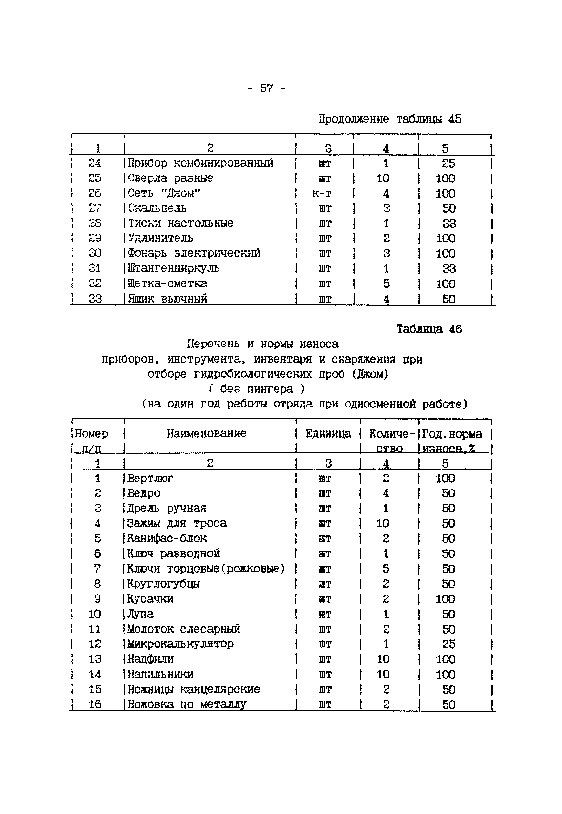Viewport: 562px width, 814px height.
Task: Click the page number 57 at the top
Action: (x=266, y=88)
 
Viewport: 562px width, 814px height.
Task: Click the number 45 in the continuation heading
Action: (x=455, y=119)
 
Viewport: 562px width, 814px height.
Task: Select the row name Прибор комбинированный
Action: (x=200, y=163)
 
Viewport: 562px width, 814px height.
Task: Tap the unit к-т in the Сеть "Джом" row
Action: (x=322, y=193)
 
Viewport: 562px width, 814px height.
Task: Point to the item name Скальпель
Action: (x=157, y=208)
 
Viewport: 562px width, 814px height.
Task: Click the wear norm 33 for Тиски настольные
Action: (x=449, y=223)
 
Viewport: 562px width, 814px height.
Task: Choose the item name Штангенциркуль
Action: (x=173, y=268)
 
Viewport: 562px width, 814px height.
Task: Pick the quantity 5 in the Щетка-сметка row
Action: (x=386, y=283)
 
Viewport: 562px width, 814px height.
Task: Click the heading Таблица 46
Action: (x=429, y=329)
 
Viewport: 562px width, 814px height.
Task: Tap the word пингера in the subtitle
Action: (x=270, y=389)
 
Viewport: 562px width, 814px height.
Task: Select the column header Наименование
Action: (x=206, y=433)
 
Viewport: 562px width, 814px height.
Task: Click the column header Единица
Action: (x=328, y=433)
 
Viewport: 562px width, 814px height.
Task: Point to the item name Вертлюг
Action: (x=150, y=478)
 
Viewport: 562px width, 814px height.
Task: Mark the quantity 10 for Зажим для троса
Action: (x=383, y=523)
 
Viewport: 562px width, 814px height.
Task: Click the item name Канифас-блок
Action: (x=167, y=538)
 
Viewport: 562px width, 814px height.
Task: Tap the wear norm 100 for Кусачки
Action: (x=446, y=599)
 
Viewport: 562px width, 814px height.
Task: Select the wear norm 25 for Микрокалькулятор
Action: (x=448, y=644)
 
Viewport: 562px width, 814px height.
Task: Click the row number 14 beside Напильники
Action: (x=95, y=674)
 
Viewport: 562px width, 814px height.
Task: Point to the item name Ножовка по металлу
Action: (x=187, y=704)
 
